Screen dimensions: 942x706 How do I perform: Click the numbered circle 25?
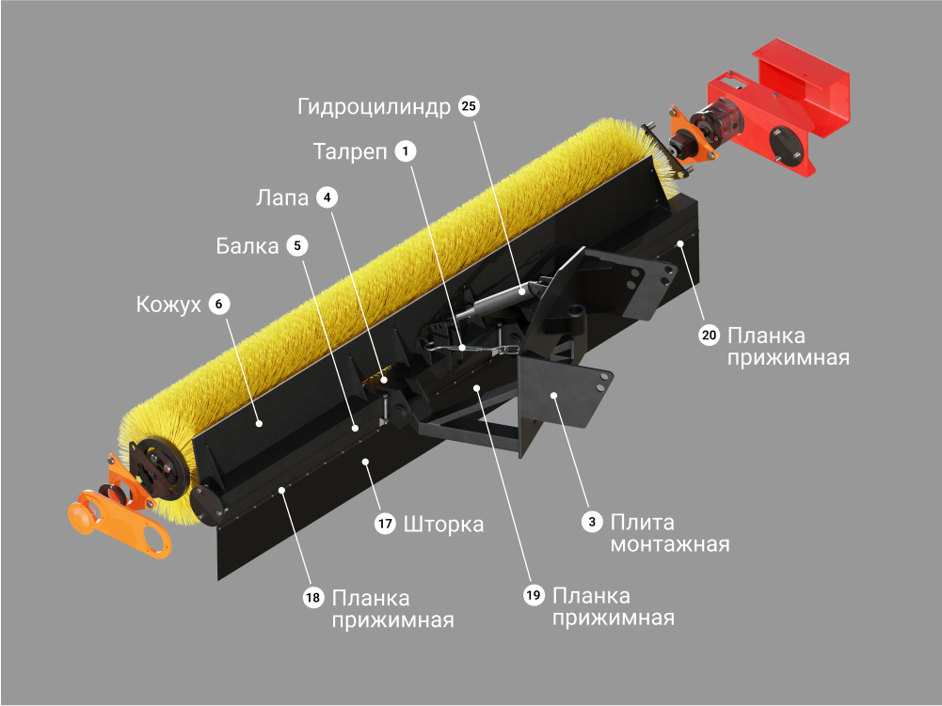pyautogui.click(x=469, y=106)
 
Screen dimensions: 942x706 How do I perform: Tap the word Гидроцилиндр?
pyautogui.click(x=374, y=107)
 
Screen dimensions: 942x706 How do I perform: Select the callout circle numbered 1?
pyautogui.click(x=406, y=150)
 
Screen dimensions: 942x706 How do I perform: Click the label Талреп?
pyautogui.click(x=350, y=151)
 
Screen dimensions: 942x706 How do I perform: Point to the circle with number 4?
pyautogui.click(x=327, y=197)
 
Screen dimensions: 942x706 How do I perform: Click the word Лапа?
pyautogui.click(x=281, y=197)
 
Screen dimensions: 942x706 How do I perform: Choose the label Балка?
pyautogui.click(x=247, y=245)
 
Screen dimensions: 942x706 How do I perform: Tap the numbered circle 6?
pyautogui.click(x=218, y=304)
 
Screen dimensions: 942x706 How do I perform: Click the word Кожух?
pyautogui.click(x=168, y=305)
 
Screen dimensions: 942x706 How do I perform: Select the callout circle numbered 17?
pyautogui.click(x=385, y=524)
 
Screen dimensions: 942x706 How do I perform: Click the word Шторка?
pyautogui.click(x=443, y=525)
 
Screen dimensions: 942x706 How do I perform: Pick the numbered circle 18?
pyautogui.click(x=313, y=597)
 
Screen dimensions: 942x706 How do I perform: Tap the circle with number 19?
pyautogui.click(x=534, y=595)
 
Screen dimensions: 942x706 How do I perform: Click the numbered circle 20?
pyautogui.click(x=709, y=335)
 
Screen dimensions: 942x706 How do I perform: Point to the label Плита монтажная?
pyautogui.click(x=670, y=533)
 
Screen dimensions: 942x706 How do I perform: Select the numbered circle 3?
pyautogui.click(x=592, y=522)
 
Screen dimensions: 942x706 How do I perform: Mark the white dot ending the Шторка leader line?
pyautogui.click(x=365, y=461)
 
